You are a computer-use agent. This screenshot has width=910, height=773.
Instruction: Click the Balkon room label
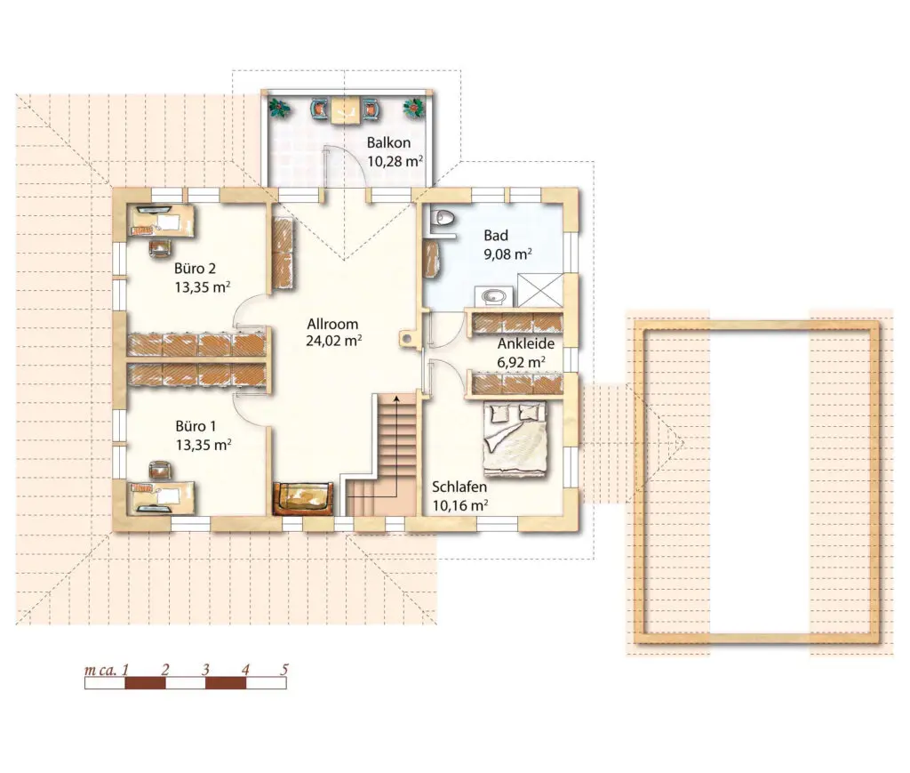[388, 142]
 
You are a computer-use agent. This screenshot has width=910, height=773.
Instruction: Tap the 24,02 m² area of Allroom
[334, 341]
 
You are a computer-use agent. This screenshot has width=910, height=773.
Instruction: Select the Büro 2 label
[195, 269]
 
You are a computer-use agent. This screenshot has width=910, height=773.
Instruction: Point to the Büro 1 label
[196, 426]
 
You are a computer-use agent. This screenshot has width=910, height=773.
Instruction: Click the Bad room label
[496, 235]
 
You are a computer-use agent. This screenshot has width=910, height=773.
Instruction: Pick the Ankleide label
[526, 343]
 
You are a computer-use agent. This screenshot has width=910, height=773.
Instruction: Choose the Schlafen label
[459, 487]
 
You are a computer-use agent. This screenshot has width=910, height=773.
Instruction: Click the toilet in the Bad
[443, 217]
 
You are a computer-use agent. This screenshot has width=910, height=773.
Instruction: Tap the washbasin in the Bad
[493, 296]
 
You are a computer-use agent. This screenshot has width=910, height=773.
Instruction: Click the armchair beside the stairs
[303, 498]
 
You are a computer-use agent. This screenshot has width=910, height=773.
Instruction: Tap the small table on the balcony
[346, 109]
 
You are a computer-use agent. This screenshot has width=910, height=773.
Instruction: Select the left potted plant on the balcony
[280, 108]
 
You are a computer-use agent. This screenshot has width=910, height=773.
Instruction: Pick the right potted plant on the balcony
[414, 108]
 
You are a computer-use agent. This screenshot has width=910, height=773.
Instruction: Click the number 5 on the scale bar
[284, 669]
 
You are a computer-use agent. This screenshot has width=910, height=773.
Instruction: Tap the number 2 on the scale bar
[164, 670]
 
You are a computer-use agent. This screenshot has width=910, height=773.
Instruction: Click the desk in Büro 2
[162, 221]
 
